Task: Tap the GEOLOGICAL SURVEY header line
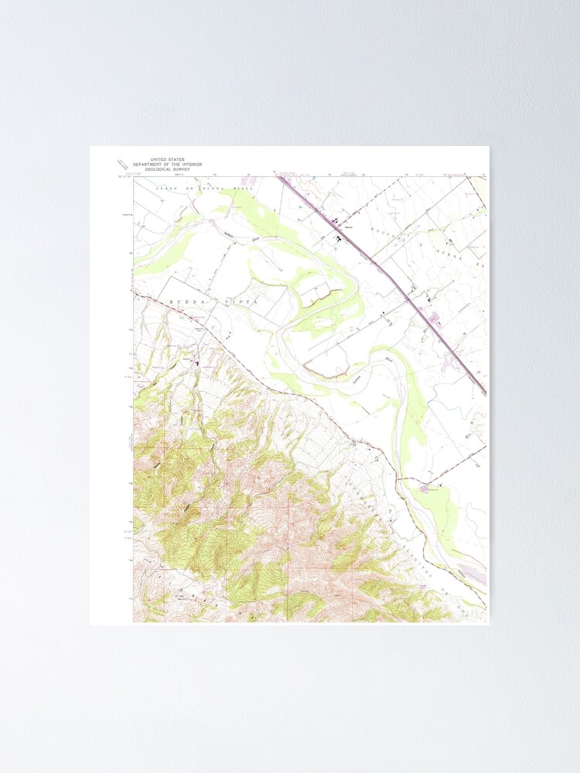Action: pyautogui.click(x=167, y=169)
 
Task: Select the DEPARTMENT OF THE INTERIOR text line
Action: pyautogui.click(x=167, y=164)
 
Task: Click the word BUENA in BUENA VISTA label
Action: pyautogui.click(x=184, y=303)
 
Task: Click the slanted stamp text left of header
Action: pyautogui.click(x=121, y=165)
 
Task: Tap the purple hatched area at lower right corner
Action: pyautogui.click(x=473, y=573)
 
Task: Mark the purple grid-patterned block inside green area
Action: pyautogui.click(x=424, y=488)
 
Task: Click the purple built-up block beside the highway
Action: pyautogui.click(x=434, y=318)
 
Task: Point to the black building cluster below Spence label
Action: pyautogui.click(x=338, y=239)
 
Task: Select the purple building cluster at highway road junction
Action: pyautogui.click(x=336, y=224)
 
